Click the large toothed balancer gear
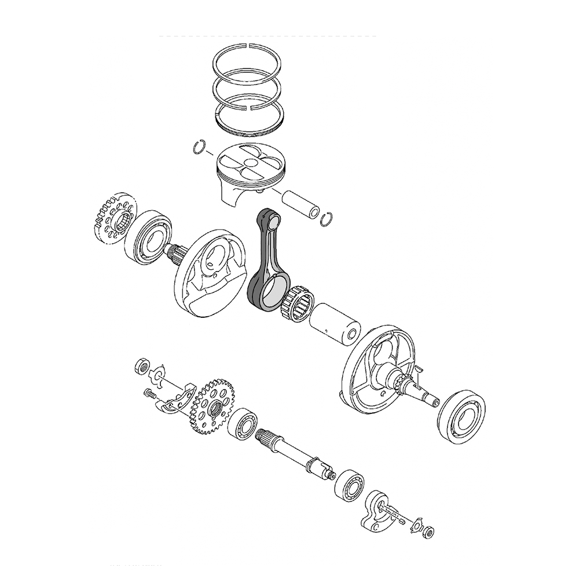[x=211, y=405]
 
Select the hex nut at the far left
[x=140, y=366]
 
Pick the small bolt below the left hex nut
[x=150, y=394]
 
